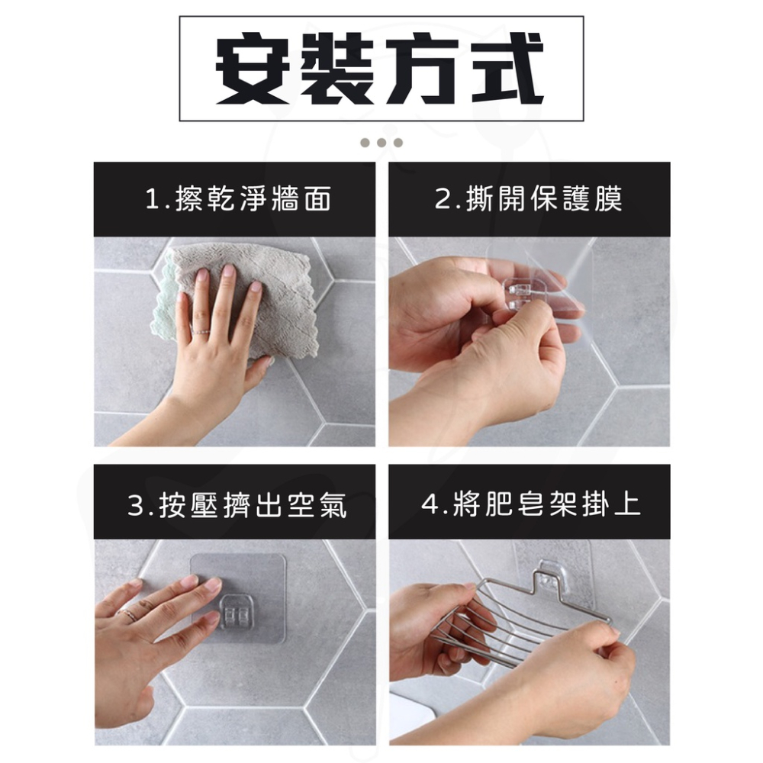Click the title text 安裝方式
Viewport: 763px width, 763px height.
point(381,69)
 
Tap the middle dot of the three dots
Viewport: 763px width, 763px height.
point(381,143)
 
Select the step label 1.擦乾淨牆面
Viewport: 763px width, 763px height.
point(238,200)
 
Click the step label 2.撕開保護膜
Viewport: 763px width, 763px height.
point(529,200)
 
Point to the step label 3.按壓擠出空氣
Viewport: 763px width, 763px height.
point(237,504)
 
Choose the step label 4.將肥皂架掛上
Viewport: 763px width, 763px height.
point(531,504)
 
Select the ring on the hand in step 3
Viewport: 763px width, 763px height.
point(130,615)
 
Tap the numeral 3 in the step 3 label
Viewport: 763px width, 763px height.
point(136,505)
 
